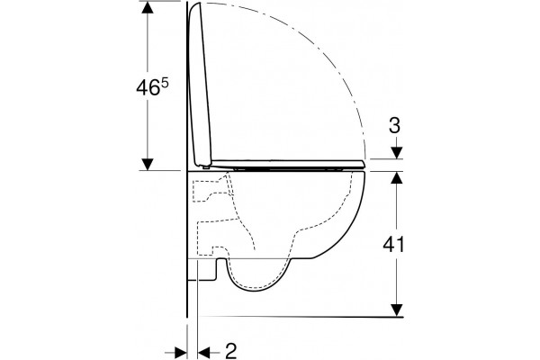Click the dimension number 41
point(393,244)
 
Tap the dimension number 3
point(394,126)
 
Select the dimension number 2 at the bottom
point(230,351)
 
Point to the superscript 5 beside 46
point(165,83)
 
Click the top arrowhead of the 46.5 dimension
point(148,7)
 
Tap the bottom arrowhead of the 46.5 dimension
point(148,165)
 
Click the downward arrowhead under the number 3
point(397,153)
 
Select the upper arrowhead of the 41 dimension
point(397,178)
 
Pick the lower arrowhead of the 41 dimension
point(397,310)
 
